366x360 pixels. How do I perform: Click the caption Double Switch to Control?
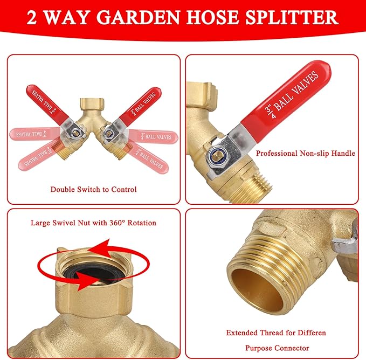tap(94, 189)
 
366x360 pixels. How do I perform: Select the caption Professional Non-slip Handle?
tap(305, 154)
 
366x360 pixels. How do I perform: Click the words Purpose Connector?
tap(275, 348)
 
